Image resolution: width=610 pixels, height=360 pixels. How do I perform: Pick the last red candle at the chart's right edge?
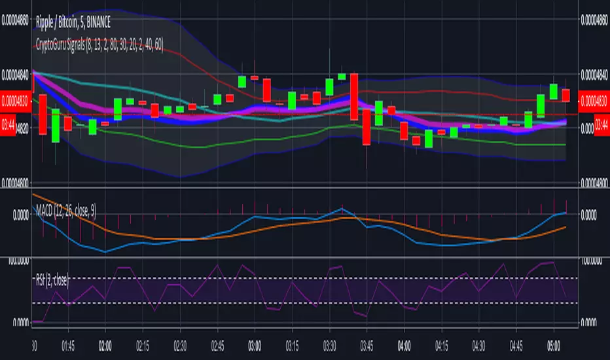565,95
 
